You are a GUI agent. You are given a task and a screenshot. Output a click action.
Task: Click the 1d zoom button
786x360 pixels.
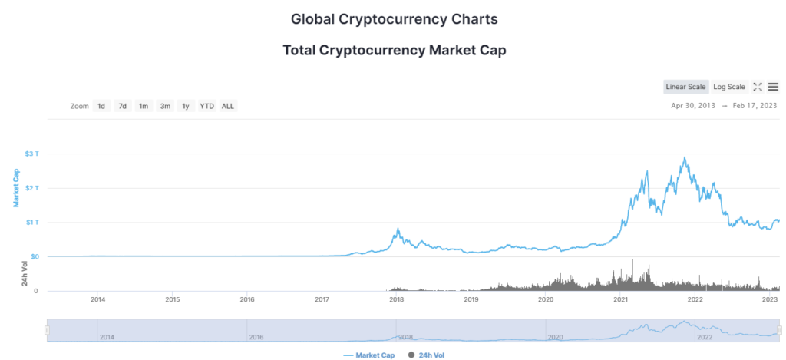pyautogui.click(x=101, y=106)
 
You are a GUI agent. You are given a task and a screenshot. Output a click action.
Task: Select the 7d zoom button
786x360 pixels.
pyautogui.click(x=122, y=106)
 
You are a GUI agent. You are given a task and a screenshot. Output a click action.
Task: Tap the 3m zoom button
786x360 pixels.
pyautogui.click(x=164, y=106)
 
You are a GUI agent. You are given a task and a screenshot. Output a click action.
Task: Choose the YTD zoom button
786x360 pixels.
pyautogui.click(x=206, y=106)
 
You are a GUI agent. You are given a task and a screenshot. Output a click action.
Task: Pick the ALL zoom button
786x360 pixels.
pyautogui.click(x=228, y=106)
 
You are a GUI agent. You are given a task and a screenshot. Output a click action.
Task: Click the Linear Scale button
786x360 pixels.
pyautogui.click(x=686, y=87)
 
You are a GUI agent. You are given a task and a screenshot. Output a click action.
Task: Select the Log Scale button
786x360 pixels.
pyautogui.click(x=729, y=87)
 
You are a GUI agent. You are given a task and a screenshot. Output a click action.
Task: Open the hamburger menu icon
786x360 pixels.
pyautogui.click(x=773, y=87)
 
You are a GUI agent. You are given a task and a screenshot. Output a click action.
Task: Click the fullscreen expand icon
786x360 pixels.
pyautogui.click(x=757, y=87)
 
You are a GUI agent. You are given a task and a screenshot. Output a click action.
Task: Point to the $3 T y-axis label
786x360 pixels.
pyautogui.click(x=31, y=154)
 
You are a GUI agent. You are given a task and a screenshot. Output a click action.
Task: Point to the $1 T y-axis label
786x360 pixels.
pyautogui.click(x=31, y=223)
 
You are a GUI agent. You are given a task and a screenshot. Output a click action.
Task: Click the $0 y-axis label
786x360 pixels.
pyautogui.click(x=34, y=256)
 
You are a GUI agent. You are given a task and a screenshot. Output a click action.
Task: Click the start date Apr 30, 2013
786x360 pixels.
pyautogui.click(x=693, y=106)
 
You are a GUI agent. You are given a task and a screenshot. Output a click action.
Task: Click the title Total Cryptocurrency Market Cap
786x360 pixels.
pyautogui.click(x=394, y=51)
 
